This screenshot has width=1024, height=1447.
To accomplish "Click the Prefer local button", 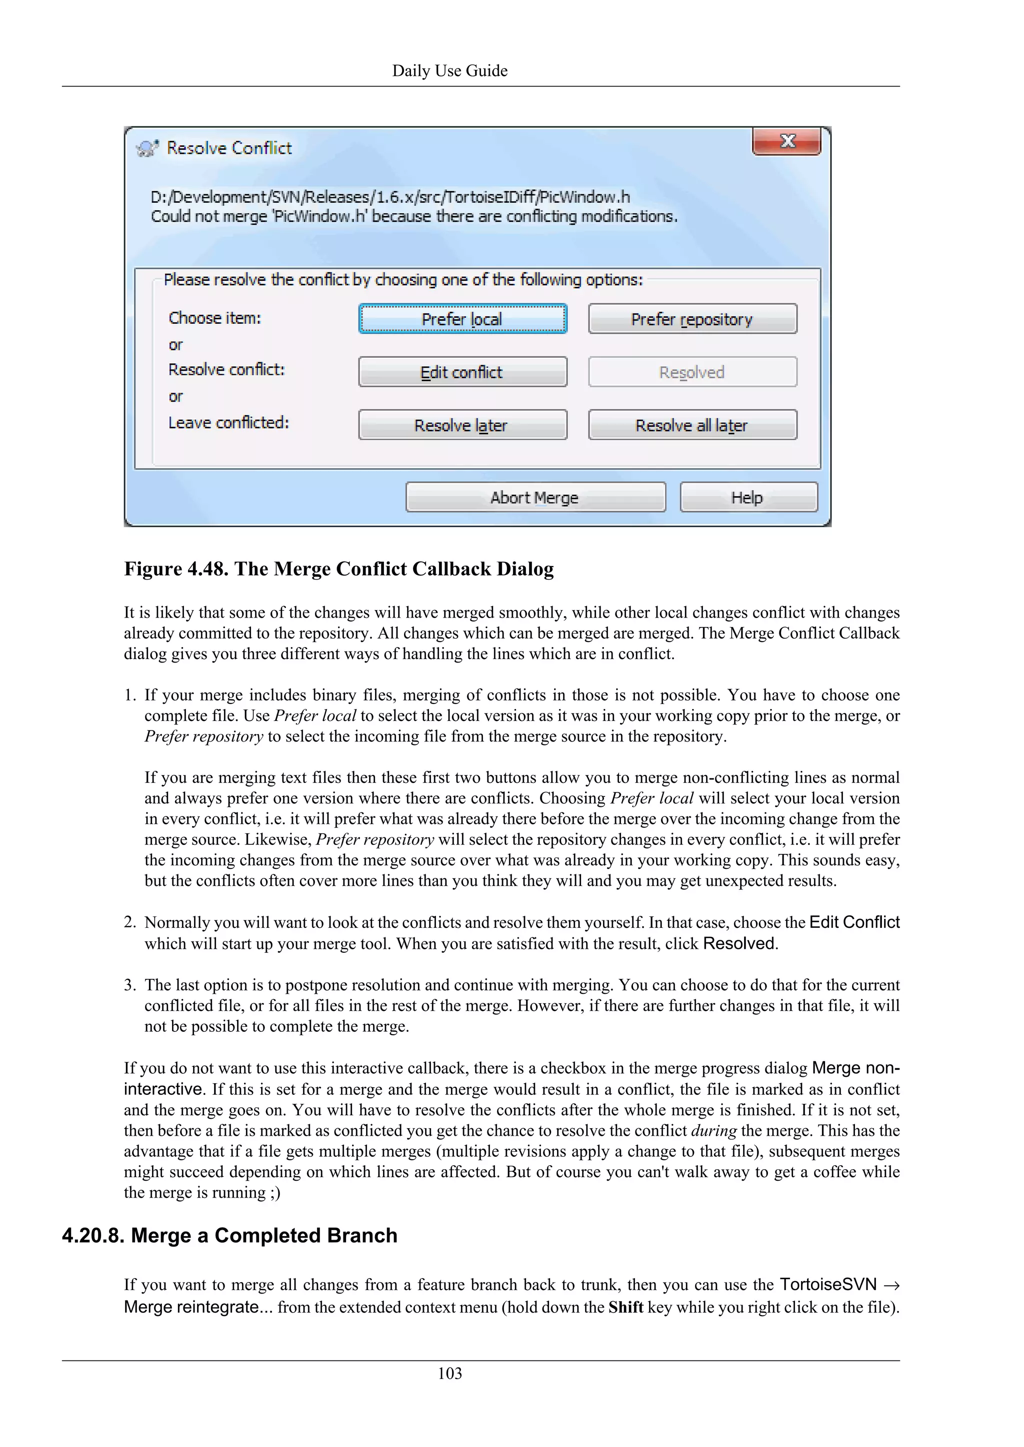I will (x=462, y=319).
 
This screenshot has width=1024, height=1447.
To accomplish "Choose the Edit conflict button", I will (x=462, y=372).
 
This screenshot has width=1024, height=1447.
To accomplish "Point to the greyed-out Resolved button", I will (x=692, y=372).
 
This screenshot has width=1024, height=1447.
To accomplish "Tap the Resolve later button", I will (x=462, y=425).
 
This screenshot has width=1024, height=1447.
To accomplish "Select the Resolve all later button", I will (x=692, y=425).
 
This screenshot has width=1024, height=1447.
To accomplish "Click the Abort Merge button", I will (x=535, y=497).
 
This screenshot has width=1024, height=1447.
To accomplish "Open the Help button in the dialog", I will (x=748, y=497).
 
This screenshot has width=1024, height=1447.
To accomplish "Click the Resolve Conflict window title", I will (x=229, y=148).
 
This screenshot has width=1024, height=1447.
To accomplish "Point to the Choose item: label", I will (x=214, y=318).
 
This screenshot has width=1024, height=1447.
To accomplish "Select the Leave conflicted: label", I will (x=228, y=422).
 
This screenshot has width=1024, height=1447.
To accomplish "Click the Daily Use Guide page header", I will (x=449, y=70).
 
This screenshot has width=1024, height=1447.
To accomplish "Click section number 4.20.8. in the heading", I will (x=93, y=1235).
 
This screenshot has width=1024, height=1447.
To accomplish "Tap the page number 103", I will (x=449, y=1373).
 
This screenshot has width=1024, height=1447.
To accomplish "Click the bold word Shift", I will (x=625, y=1307).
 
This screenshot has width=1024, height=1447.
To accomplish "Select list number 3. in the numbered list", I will (x=130, y=985).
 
